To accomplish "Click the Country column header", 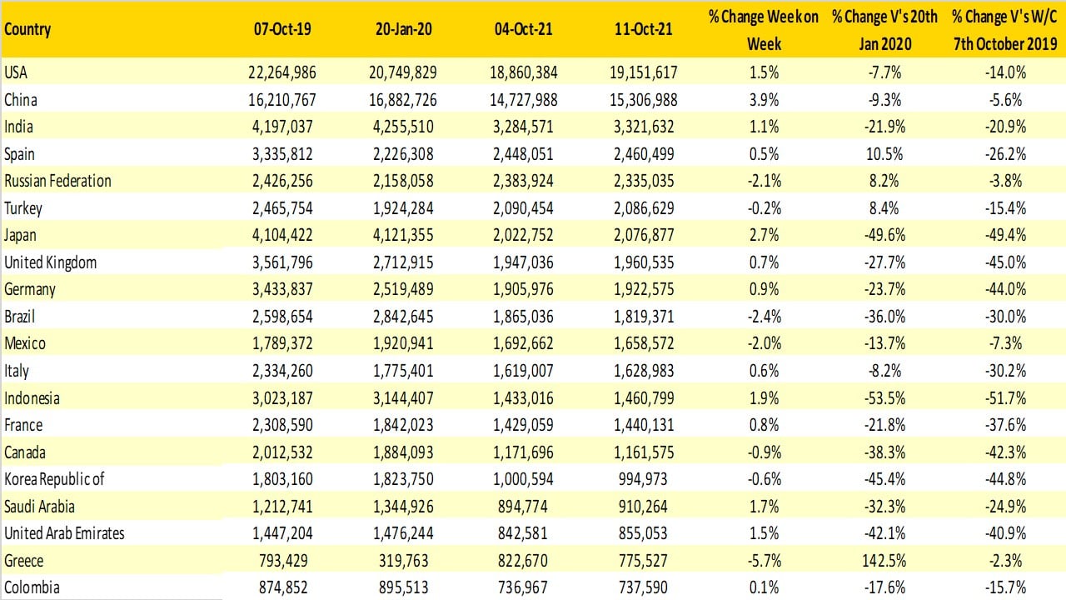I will pos(27,29).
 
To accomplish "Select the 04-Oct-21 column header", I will pos(522,29).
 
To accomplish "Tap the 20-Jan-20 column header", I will pos(402,29).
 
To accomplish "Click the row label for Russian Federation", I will pos(57,181).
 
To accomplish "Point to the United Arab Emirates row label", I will pos(64,533).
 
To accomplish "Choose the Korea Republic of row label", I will pos(54,479).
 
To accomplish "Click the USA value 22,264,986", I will pos(281,72).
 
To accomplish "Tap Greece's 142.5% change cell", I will pos(884,561).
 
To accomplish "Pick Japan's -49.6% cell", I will pos(884,236).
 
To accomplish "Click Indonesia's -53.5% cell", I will pos(884,398).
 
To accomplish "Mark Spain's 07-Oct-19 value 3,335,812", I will pos(281,154).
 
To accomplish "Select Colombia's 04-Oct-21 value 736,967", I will pos(522,587).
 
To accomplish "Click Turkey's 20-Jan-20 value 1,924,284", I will pos(402,208).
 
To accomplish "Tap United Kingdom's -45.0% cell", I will pos(1005,262).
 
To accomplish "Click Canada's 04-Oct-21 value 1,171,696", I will pos(522,452).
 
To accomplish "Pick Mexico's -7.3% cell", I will pos(1005,344).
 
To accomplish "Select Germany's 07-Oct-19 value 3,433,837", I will pos(281,290).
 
